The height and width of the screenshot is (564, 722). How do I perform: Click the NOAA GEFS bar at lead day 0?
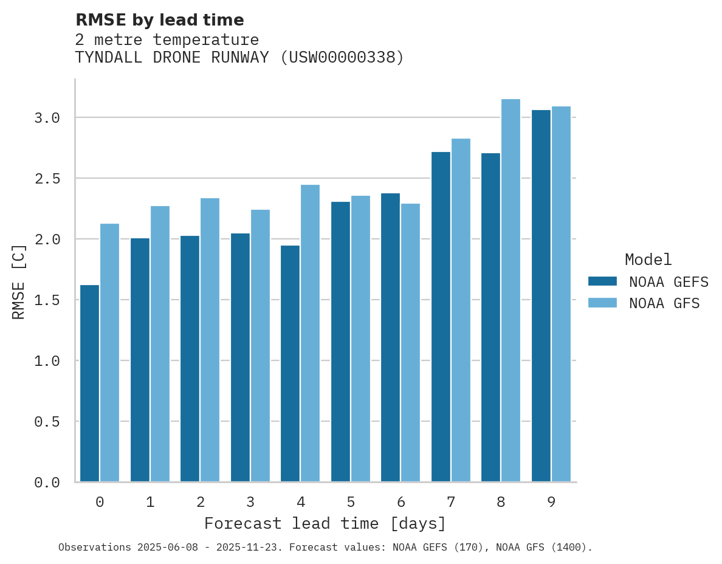pos(89,383)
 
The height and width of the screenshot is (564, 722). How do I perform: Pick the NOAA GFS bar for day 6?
pos(410,343)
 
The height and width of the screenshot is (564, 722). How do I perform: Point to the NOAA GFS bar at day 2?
pos(210,340)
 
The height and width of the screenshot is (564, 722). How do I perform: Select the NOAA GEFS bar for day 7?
pos(441,317)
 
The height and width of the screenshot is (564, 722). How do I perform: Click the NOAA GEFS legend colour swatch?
pos(602,281)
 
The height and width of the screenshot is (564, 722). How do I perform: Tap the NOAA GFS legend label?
pos(664,303)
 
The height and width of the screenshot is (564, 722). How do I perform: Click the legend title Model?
pos(648,260)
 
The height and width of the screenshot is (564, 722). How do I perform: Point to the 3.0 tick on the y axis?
pos(47,118)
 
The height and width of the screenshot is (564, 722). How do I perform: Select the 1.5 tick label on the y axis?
pos(47,300)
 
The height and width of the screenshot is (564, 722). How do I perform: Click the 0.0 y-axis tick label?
pos(47,483)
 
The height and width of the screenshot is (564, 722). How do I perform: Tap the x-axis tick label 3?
pos(250,502)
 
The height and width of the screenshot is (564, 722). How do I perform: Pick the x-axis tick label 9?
pos(551,502)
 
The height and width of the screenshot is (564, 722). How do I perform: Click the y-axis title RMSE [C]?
pos(19,281)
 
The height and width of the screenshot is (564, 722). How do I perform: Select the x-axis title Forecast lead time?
pos(325,523)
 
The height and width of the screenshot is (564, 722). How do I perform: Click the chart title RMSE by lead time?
pos(160,20)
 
